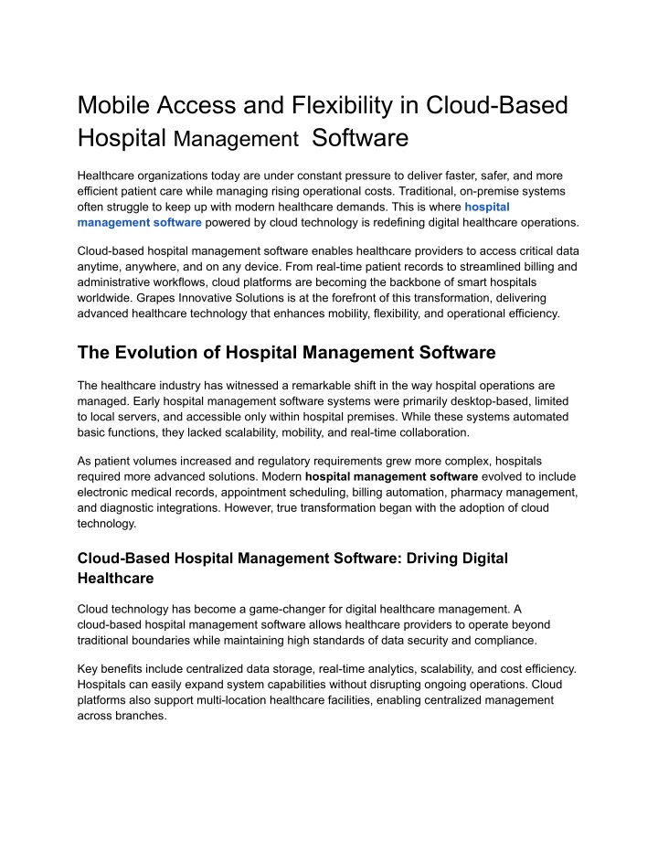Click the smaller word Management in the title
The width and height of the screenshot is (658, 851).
pos(237,140)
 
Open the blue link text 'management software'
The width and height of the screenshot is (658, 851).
pos(140,222)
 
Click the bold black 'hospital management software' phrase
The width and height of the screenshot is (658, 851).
pos(391,476)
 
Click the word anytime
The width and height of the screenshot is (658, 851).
pos(104,265)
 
